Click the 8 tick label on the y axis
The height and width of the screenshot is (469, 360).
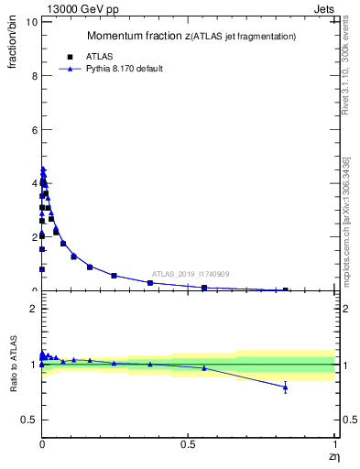[x=32, y=76]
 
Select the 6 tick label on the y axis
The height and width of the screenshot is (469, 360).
[x=32, y=130]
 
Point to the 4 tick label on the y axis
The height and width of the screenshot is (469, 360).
[x=32, y=183]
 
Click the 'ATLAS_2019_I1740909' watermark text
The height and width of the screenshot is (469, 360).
[x=191, y=274]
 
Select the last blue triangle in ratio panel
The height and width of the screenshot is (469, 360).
[x=286, y=387]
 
